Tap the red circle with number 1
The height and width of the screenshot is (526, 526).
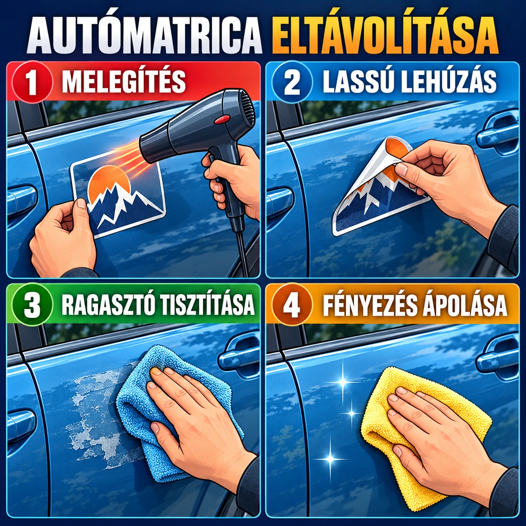click(33, 82)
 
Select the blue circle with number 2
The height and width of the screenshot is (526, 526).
click(292, 82)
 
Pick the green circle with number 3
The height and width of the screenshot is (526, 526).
click(33, 305)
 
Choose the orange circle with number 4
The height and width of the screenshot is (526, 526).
click(292, 305)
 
